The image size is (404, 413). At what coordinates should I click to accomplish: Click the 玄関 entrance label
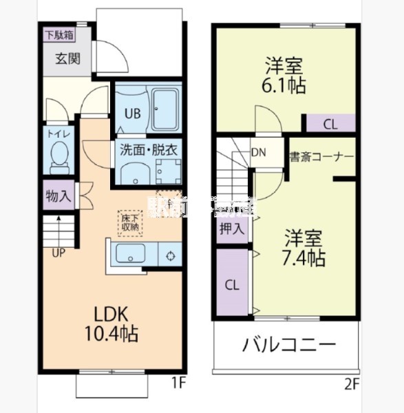[x=68, y=58]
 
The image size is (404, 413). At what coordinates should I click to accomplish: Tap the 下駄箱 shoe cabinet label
[x=60, y=34]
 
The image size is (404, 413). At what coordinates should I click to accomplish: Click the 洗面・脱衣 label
[x=149, y=149]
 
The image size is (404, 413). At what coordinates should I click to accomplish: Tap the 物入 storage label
[x=59, y=195]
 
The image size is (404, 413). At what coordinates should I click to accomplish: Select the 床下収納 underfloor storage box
[x=129, y=221]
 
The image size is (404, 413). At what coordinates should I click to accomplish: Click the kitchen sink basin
[x=131, y=254]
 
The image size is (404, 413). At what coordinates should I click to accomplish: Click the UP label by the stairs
[x=59, y=253]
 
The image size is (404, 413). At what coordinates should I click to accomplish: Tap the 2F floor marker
[x=351, y=383]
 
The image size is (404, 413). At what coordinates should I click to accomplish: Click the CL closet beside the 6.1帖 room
[x=330, y=125]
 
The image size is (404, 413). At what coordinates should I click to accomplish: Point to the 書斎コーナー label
[x=321, y=156]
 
